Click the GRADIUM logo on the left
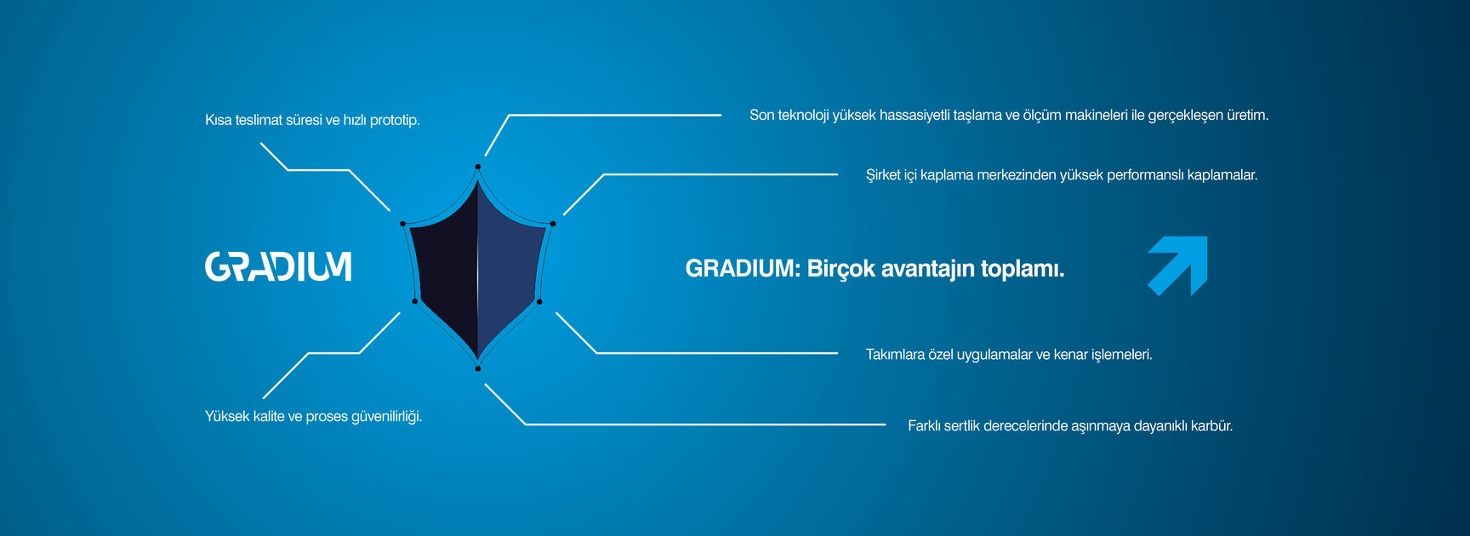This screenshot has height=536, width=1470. click(278, 266)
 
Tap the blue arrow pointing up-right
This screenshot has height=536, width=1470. click(1179, 265)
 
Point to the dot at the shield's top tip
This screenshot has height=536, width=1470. click(478, 167)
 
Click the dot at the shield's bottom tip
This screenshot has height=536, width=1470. click(478, 368)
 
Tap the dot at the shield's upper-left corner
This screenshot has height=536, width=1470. click(403, 224)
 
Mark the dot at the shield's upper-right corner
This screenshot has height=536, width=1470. click(553, 224)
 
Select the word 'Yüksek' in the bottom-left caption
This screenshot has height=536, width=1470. click(227, 416)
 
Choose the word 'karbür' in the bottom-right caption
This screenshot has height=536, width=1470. click(1212, 426)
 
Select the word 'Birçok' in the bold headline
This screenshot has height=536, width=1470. click(841, 270)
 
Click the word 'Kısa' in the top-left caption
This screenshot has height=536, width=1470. click(218, 121)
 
